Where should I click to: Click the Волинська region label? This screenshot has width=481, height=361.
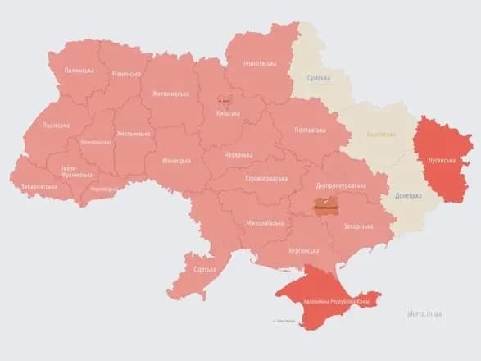79,71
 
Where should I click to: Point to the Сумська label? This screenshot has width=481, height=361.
318,78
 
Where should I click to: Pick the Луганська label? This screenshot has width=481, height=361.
437,161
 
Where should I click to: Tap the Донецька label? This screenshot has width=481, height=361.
407,196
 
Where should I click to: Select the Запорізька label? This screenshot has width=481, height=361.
359,225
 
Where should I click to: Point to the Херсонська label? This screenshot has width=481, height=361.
304,252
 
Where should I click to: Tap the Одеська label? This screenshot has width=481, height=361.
205,270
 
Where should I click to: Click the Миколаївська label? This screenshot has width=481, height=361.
264,222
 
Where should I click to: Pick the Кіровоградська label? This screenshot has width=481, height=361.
267,178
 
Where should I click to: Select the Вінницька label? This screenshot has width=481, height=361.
177,161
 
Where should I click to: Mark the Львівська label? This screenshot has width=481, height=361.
56,126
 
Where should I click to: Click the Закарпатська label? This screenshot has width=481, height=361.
39,187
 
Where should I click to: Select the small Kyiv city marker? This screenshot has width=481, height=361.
225,100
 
